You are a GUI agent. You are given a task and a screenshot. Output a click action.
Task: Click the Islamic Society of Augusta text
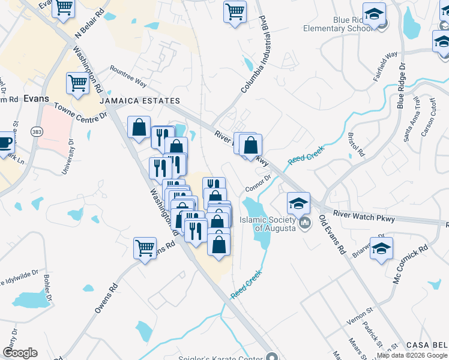pos(268,224)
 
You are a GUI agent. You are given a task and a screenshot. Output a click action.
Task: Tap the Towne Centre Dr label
pos(80,110)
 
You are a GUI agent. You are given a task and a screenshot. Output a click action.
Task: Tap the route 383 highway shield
pos(37,132)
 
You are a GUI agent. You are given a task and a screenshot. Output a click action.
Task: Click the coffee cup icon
pos(5,142)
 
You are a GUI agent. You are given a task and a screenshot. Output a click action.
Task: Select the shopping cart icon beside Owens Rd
pos(145,247)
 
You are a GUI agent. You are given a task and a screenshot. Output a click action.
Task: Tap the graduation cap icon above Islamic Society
pos(298,203)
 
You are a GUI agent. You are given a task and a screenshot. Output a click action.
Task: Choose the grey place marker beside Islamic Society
pos(305,224)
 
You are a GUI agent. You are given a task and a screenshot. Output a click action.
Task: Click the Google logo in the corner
pos(20,353)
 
